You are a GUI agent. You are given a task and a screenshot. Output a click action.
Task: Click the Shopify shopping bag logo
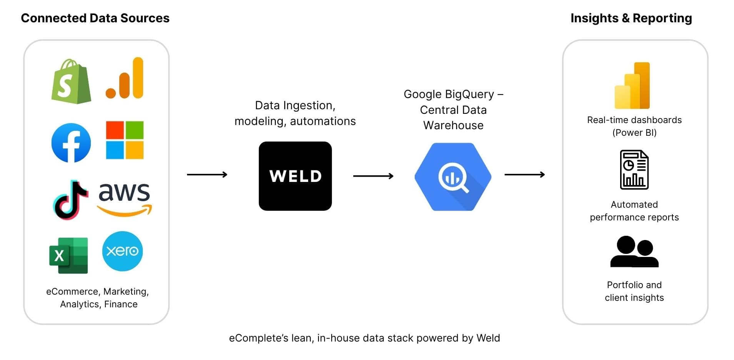(x=71, y=82)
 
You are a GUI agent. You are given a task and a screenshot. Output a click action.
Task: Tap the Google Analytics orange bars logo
(x=125, y=78)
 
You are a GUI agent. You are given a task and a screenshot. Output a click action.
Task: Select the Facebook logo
(x=71, y=143)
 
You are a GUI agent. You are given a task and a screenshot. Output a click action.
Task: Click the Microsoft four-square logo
(x=125, y=140)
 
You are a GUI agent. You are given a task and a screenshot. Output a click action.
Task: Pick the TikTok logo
(x=70, y=200)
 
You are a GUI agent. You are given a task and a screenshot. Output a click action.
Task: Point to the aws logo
(x=124, y=198)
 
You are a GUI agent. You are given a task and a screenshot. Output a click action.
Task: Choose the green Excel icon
(x=68, y=255)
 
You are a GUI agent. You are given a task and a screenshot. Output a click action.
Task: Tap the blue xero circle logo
(x=122, y=251)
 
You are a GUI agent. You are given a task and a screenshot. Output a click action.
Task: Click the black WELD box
(x=295, y=176)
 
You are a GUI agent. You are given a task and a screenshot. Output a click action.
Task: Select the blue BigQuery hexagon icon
(x=453, y=177)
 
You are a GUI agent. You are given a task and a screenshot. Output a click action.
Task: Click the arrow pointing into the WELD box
(x=207, y=175)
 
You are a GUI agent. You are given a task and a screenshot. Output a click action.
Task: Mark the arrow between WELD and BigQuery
(x=373, y=176)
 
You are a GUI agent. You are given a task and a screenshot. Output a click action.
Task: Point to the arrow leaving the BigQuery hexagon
(x=524, y=175)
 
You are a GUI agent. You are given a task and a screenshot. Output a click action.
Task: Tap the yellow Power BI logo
(x=632, y=86)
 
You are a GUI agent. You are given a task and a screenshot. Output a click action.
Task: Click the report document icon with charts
(x=634, y=170)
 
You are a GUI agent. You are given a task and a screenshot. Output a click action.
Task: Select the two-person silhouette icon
(x=634, y=252)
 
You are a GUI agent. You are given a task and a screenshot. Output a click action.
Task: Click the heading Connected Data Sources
(x=95, y=18)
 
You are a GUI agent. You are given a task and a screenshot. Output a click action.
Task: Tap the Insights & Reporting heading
(x=631, y=18)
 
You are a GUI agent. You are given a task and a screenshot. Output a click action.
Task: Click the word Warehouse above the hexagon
(x=453, y=125)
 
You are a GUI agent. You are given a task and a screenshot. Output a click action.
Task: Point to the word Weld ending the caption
(x=488, y=338)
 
